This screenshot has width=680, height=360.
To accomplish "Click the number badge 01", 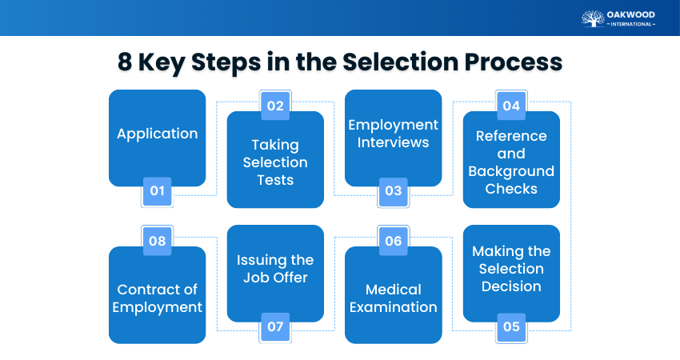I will coord(157,191).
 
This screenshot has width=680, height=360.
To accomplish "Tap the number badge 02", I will coord(275,106).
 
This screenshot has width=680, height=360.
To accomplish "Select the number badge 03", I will coord(393,191).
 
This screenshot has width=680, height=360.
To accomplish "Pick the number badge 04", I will coord(511,106).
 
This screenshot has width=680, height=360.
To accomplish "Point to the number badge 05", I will coord(511,326).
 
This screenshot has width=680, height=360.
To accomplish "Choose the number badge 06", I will coord(393,241).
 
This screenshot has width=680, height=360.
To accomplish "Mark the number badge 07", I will coord(275,326).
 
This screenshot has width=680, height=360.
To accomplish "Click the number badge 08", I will coord(157,241).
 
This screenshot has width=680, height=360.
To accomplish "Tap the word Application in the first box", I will coord(157,134).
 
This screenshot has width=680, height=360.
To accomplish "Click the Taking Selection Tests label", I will coord(275,162).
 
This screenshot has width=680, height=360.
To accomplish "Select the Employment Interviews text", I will coord(393,134).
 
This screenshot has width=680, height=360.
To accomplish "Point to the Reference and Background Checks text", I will coord(511,162).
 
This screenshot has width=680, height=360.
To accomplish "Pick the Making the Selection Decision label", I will coord(511,269).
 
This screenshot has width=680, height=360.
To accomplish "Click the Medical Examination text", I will coord(393,298).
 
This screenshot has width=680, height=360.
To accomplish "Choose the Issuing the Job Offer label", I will coord(275,269).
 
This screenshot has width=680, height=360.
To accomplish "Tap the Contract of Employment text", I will coord(157,298).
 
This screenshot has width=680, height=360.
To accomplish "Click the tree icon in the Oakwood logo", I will coord(593,18).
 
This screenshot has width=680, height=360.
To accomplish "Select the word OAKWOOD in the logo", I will coord(631,14).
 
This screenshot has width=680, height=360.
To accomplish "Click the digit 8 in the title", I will coord(124,62).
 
